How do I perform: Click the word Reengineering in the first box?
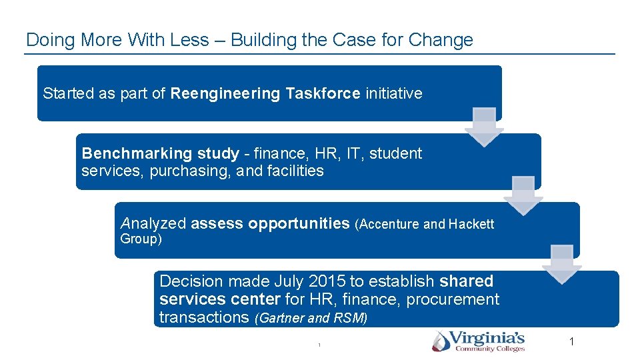click(x=225, y=93)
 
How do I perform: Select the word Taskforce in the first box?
click(x=323, y=93)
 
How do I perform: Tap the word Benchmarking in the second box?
click(x=126, y=153)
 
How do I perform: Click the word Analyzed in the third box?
click(x=153, y=223)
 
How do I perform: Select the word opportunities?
click(x=299, y=223)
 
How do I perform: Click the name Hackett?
click(x=471, y=224)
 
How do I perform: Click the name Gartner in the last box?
click(x=281, y=318)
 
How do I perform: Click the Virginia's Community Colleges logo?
click(x=478, y=341)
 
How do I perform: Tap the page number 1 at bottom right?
click(x=571, y=342)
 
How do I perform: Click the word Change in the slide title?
click(x=441, y=40)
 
